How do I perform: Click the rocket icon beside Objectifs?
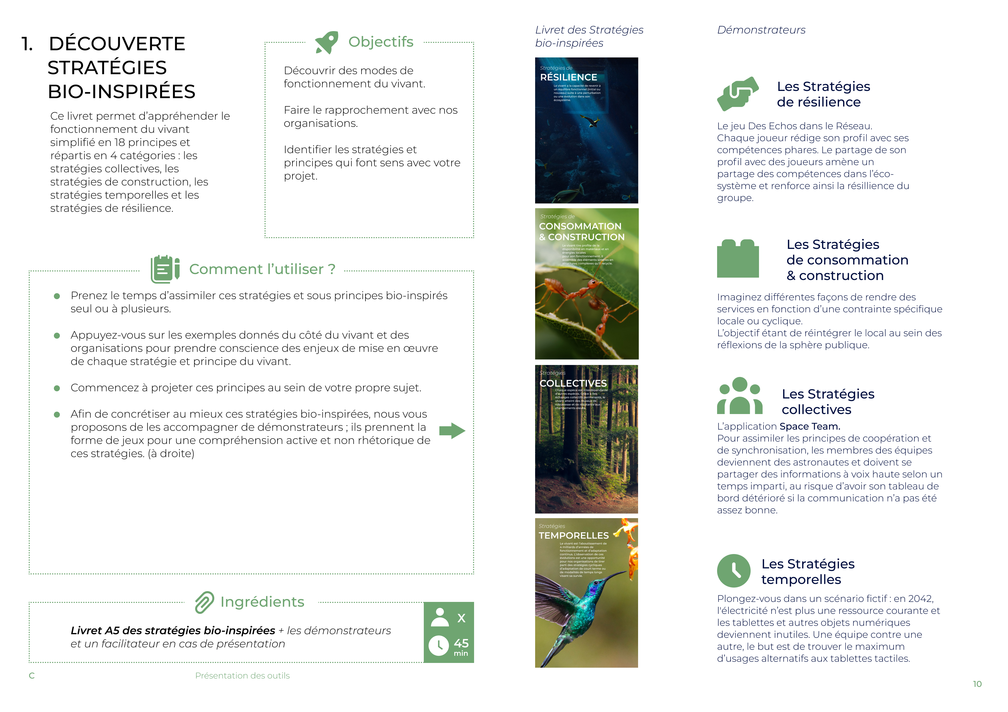(327, 42)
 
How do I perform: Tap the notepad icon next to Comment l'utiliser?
(165, 269)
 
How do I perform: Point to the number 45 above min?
(461, 643)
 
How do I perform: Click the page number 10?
(977, 684)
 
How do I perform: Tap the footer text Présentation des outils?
(242, 676)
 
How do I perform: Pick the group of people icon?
(740, 396)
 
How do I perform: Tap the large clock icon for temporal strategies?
(734, 571)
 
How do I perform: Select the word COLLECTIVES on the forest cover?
(573, 383)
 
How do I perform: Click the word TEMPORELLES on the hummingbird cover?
(573, 535)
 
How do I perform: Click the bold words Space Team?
(810, 426)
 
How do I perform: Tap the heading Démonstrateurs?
(761, 30)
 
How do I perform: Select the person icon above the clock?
(439, 618)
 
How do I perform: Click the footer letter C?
(32, 676)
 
